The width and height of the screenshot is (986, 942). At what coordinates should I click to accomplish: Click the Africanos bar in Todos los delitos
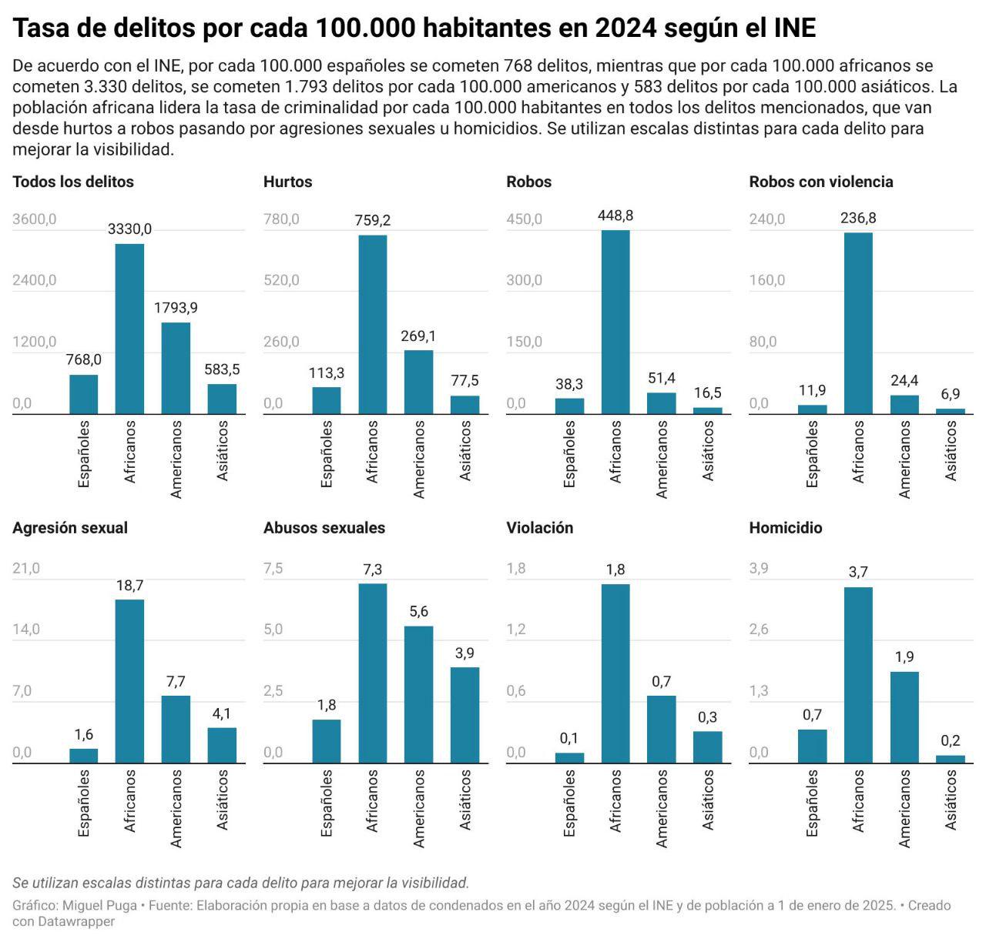[129, 329]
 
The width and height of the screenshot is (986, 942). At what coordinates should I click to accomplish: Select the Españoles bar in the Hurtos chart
[327, 400]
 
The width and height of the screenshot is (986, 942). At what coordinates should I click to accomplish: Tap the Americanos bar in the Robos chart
[662, 403]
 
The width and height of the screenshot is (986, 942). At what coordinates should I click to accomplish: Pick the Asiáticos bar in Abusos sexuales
[465, 714]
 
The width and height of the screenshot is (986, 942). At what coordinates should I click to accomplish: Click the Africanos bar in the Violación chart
[615, 673]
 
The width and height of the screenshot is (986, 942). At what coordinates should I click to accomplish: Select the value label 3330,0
[129, 229]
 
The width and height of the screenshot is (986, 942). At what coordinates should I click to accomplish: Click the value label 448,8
[615, 215]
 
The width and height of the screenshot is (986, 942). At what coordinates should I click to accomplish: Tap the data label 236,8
[858, 218]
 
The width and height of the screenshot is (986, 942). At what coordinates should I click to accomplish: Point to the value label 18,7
[129, 586]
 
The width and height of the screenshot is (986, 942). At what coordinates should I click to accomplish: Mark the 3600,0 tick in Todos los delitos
[35, 219]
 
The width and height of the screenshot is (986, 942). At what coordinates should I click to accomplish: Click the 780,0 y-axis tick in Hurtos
[281, 219]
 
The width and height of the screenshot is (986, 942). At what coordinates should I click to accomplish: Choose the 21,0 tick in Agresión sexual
[26, 569]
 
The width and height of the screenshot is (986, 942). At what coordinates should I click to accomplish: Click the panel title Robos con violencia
[821, 182]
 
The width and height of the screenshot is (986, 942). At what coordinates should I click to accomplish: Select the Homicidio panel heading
[786, 528]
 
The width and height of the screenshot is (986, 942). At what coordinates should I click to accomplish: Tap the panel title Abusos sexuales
[324, 528]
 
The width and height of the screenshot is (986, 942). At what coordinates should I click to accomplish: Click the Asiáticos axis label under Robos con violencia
[951, 450]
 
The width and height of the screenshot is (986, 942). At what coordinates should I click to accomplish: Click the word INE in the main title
[793, 28]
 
